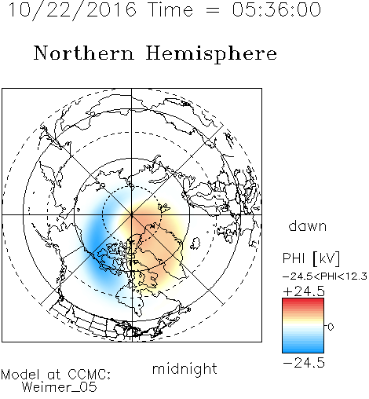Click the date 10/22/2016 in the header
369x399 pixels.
(73, 10)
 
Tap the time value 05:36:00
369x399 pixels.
(276, 9)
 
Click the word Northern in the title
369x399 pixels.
(84, 53)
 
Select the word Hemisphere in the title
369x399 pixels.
(211, 54)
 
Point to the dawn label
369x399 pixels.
(308, 225)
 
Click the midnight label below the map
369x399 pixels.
(184, 369)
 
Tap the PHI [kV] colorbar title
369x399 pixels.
(311, 258)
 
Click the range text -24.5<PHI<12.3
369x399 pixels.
(325, 276)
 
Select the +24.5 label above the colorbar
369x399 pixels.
(304, 291)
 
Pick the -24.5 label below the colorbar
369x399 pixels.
(304, 363)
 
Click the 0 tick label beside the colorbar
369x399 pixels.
(331, 327)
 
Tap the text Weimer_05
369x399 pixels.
(60, 387)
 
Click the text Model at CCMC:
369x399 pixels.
(56, 375)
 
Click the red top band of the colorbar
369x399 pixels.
(303, 301)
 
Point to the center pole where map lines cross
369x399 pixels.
(132, 214)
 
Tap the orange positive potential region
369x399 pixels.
(152, 236)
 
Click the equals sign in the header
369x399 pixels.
(213, 11)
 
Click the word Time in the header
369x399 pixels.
(170, 10)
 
